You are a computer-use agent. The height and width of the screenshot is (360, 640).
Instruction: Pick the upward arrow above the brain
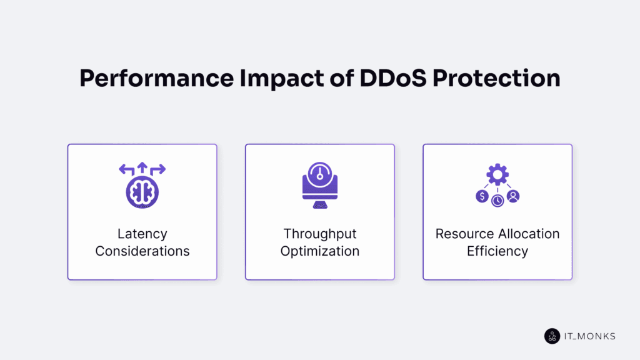[x=142, y=167]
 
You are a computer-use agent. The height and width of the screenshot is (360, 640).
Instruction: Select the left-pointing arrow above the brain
[x=126, y=169]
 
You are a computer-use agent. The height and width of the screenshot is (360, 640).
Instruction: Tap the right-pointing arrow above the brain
[x=158, y=169]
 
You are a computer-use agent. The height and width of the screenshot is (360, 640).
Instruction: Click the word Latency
[x=142, y=234]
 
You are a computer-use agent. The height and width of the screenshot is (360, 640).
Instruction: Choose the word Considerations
[x=142, y=251]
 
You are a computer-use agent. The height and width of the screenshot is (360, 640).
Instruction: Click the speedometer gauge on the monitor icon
[x=319, y=174]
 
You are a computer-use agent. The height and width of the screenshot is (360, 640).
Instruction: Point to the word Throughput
[x=319, y=234]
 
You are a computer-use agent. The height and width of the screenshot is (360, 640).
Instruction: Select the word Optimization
[x=319, y=251]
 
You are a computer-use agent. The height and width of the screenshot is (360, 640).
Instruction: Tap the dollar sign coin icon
[x=481, y=196]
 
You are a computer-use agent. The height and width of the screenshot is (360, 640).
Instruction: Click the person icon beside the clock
[x=513, y=196]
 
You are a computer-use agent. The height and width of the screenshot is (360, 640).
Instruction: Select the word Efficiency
[x=497, y=251]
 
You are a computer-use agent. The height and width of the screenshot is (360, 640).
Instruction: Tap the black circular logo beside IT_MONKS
[x=552, y=336]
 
